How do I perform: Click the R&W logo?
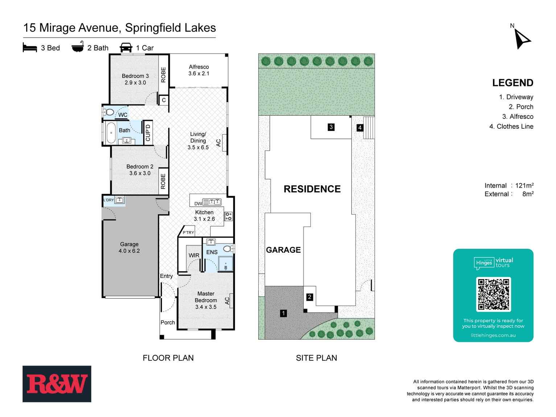[57, 384]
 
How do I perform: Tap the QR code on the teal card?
[493, 294]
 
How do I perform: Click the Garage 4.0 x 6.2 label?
[129, 248]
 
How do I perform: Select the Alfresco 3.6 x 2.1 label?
[199, 70]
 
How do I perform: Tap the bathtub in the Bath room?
[111, 132]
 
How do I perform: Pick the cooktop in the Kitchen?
[228, 216]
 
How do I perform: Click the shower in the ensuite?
[226, 264]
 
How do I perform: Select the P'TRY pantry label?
[188, 232]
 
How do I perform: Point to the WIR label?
[194, 255]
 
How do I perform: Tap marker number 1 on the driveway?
[284, 313]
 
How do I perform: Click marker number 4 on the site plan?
[360, 128]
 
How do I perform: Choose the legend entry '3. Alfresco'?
[518, 116]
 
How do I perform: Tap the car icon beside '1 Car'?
[126, 48]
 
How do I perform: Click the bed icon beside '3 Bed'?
[30, 48]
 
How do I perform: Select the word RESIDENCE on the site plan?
[312, 189]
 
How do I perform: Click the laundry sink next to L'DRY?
[120, 200]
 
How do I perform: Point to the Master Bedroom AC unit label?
[227, 301]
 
